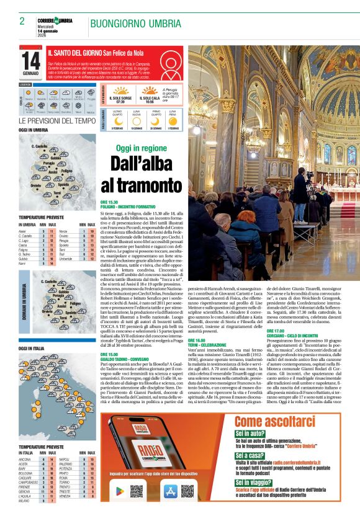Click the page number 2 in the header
point(22,21)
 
